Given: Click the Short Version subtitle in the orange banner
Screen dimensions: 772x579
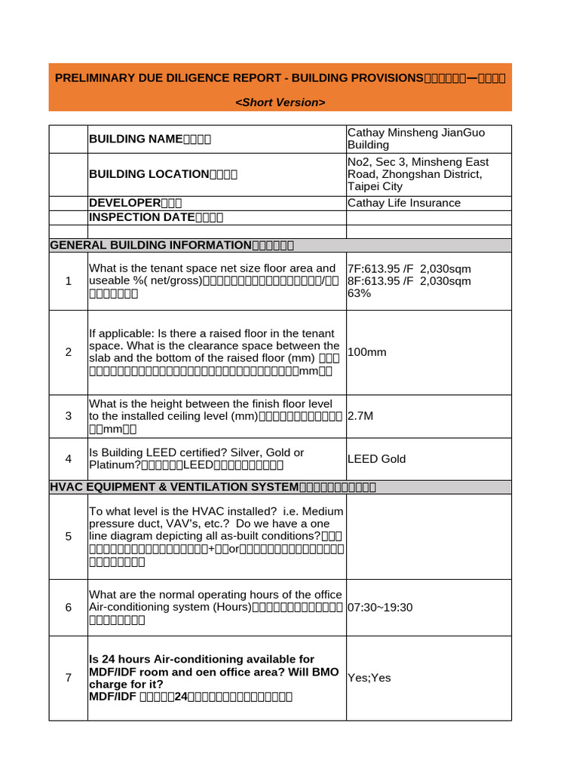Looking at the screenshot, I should point(280,103).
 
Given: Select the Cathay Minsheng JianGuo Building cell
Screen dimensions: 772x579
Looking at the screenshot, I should point(415,139).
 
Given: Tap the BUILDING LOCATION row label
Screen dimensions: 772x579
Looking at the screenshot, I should point(163,174).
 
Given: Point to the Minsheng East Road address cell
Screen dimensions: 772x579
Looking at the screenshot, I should point(418,174).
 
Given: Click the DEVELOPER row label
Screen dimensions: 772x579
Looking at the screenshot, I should point(134,203).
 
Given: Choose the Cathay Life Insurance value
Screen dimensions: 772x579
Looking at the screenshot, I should point(403,203).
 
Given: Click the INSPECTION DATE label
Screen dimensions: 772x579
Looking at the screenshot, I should point(155,218).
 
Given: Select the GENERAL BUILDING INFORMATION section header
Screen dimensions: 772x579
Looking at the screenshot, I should point(171,245).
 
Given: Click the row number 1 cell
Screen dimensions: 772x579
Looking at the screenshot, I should point(68,281).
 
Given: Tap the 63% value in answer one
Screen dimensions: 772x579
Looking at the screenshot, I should point(359,293).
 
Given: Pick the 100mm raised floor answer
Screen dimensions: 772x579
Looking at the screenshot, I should point(366,352).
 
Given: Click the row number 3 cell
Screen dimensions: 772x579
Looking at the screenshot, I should point(68,416).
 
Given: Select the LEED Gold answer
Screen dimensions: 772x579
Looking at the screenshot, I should point(376,458).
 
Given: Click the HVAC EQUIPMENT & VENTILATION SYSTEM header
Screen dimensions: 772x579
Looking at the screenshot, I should point(213,487).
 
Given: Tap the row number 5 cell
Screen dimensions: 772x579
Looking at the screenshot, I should point(68,536).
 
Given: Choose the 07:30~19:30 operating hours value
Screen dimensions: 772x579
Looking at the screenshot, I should point(380,608).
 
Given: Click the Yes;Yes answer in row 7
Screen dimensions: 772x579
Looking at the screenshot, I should point(369,678).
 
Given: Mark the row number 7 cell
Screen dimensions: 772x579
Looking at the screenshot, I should point(68,678).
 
